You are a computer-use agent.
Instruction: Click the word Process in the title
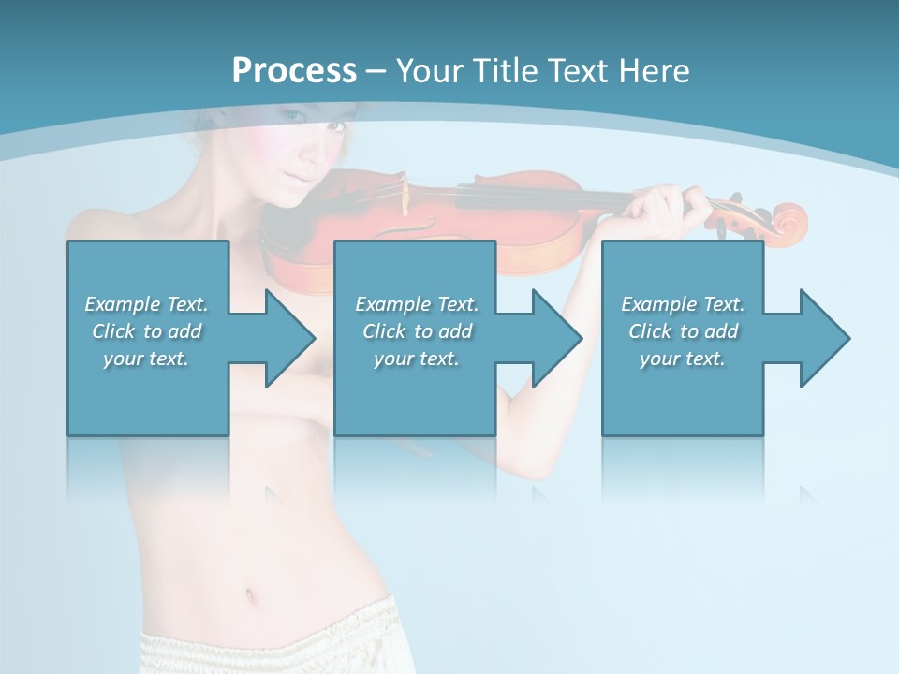294,71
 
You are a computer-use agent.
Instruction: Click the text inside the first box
146,331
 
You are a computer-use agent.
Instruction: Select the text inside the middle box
416,331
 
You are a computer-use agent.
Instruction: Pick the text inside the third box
682,331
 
